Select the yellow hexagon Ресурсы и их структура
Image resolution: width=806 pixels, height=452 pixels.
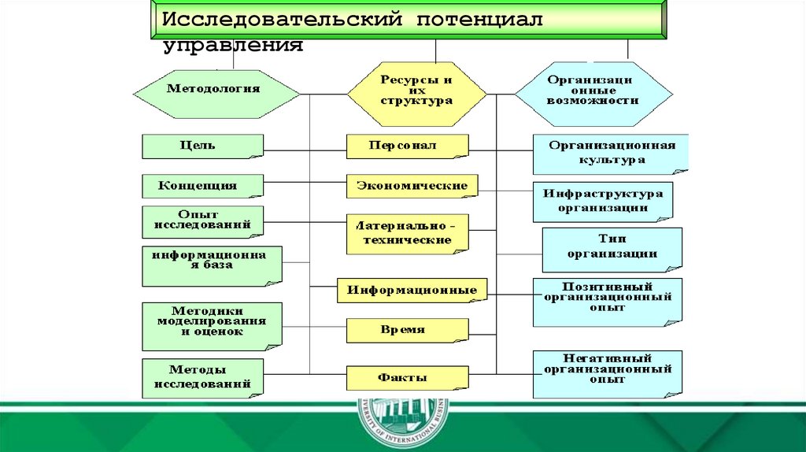point(416,93)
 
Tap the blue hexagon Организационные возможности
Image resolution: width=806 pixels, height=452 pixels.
point(593,93)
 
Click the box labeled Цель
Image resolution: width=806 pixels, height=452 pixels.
point(202,146)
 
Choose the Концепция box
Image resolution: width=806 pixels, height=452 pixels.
point(202,186)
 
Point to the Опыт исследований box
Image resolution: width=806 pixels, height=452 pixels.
point(202,222)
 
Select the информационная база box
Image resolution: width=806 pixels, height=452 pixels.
point(210,265)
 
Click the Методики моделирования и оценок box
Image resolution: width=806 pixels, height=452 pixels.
point(211,325)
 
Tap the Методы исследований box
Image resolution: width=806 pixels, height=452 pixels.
point(202,377)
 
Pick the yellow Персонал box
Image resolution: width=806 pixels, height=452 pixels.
point(407,146)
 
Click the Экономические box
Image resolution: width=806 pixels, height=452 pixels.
point(412,187)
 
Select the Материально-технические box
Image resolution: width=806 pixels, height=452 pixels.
point(407,233)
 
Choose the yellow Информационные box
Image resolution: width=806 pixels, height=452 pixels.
point(412,290)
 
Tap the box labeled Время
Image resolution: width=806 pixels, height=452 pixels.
point(407,331)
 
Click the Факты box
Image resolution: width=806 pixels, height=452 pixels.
point(407,378)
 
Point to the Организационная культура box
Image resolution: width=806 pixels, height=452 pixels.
point(609,154)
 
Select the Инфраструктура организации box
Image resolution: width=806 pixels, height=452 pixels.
point(604,202)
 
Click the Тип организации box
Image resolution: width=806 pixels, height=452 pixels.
point(612,249)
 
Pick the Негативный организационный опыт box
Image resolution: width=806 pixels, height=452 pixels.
point(607,373)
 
